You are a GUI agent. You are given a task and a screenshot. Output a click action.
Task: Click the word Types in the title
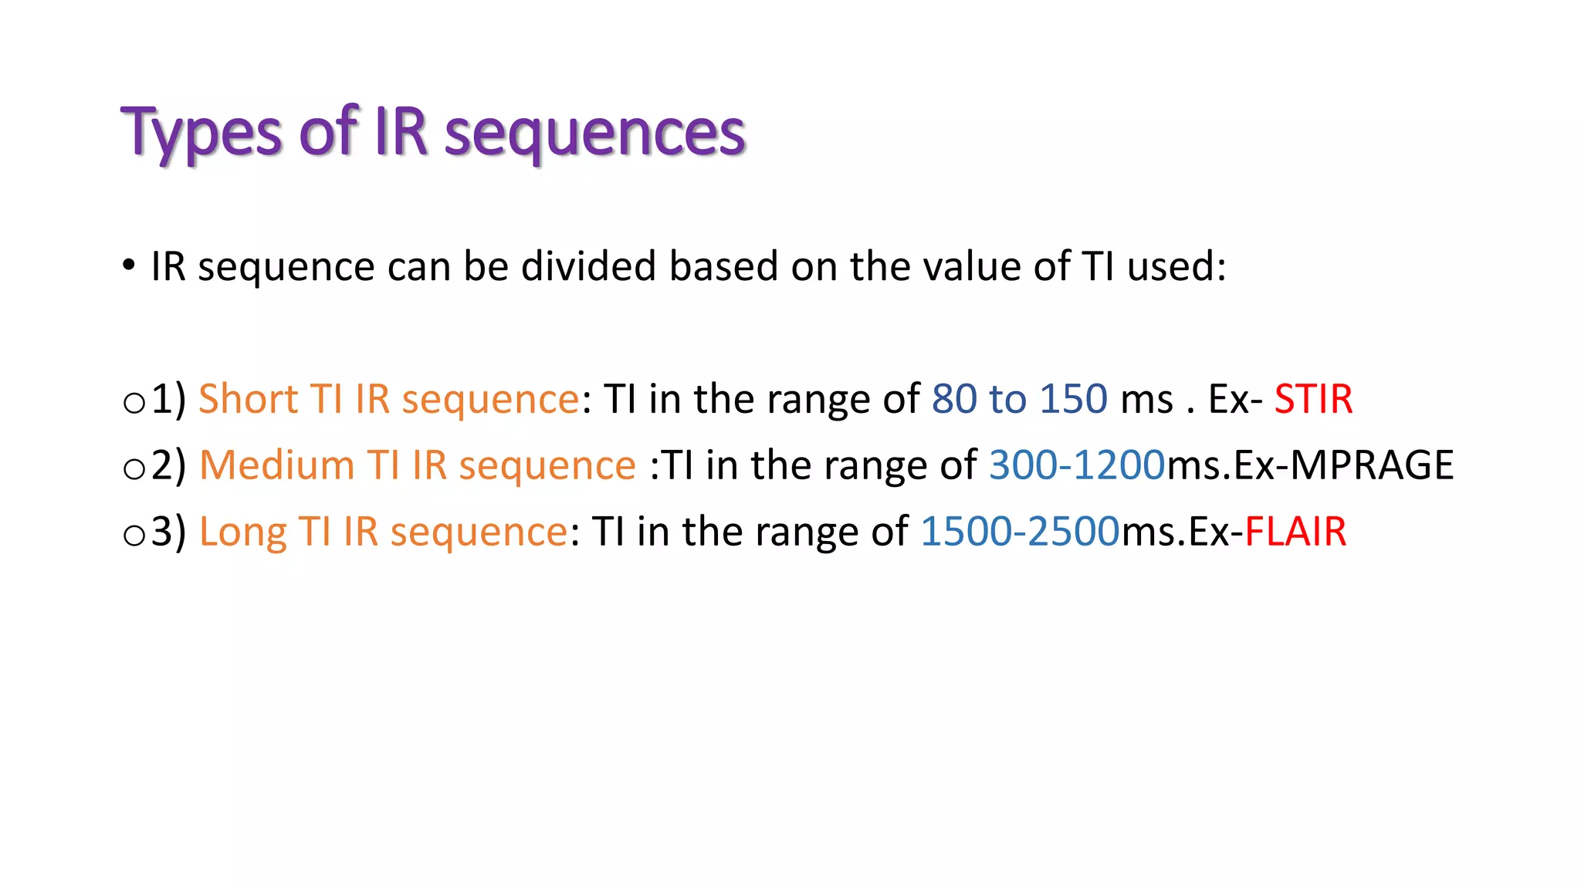tap(201, 133)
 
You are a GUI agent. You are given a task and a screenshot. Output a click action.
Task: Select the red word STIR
tap(1312, 399)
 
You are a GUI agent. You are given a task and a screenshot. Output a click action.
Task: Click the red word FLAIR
tap(1295, 532)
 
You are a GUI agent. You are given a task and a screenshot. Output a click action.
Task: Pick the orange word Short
tap(247, 399)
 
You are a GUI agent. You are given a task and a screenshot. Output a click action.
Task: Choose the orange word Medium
tap(276, 465)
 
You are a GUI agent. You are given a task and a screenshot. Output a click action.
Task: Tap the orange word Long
tap(242, 532)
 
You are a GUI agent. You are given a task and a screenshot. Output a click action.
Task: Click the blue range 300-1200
tap(1076, 465)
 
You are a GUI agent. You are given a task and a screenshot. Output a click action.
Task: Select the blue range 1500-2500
tap(1020, 532)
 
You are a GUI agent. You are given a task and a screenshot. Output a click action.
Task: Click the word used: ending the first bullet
tap(1176, 266)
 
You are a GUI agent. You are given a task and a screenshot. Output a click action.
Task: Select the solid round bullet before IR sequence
tap(129, 265)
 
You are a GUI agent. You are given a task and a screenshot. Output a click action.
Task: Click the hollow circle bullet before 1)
tap(134, 403)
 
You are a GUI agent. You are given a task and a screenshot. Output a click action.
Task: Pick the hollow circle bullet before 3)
tap(134, 536)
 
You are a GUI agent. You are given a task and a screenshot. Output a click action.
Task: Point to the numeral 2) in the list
tap(169, 465)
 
